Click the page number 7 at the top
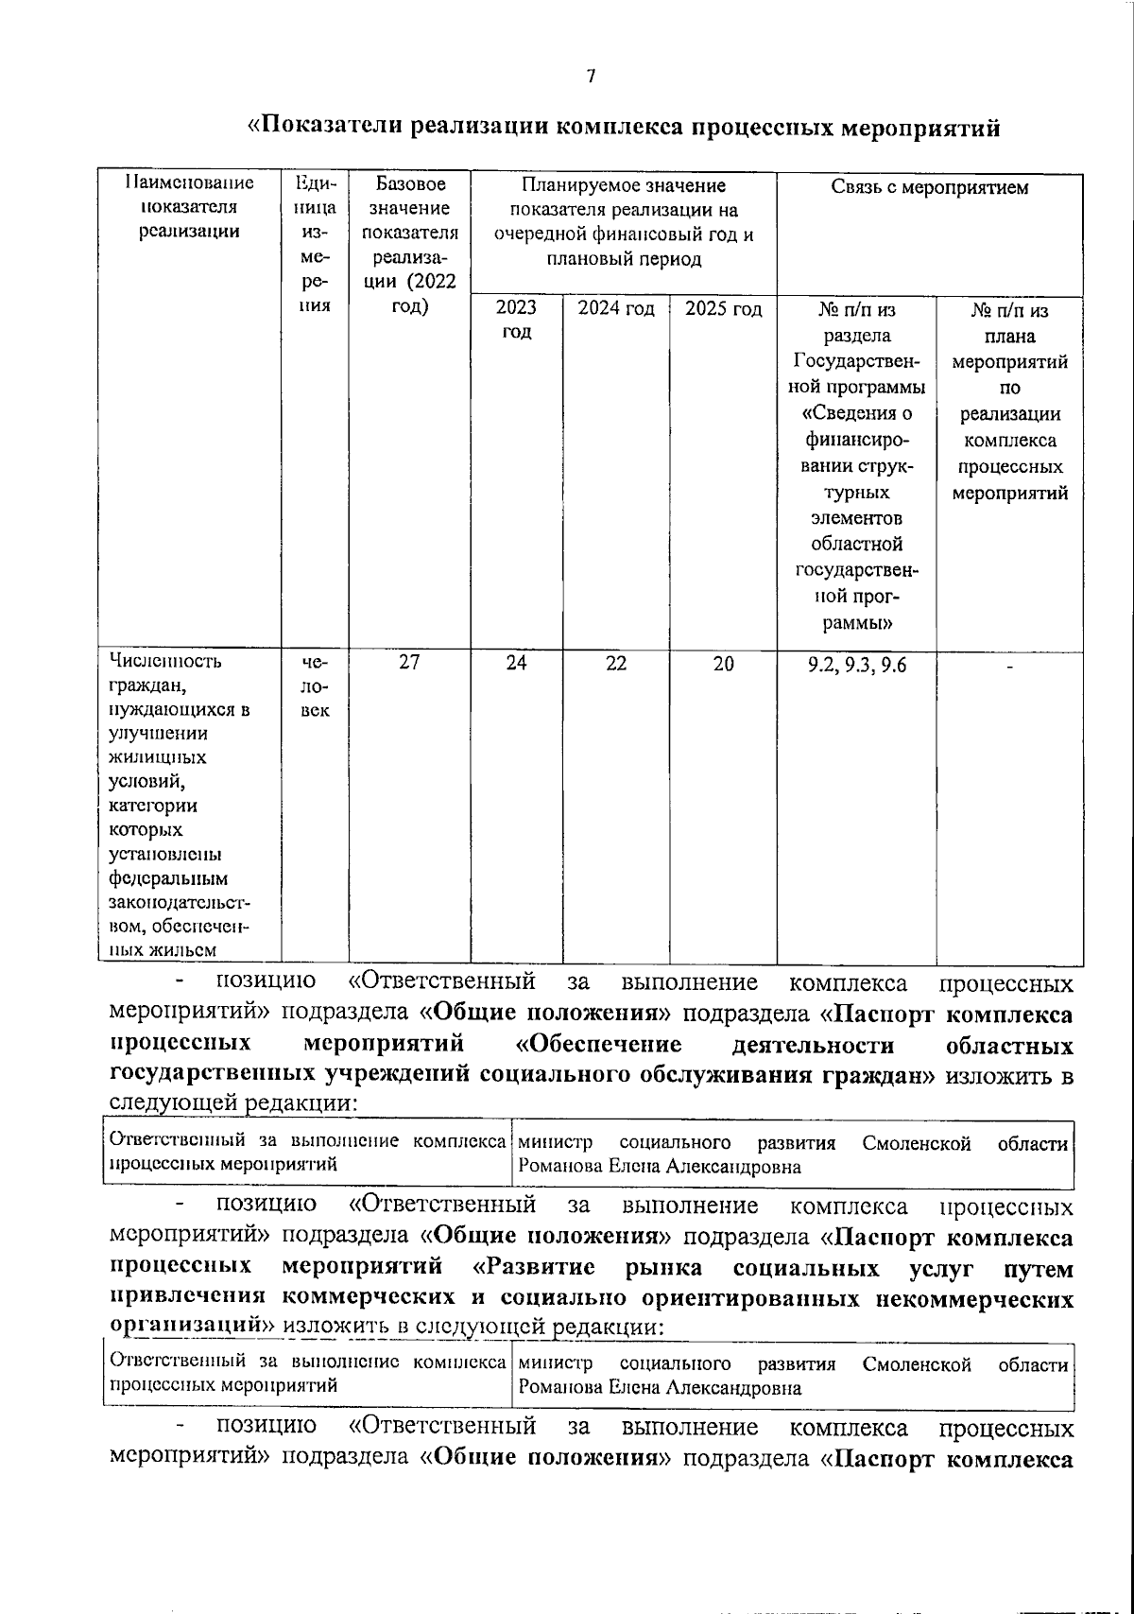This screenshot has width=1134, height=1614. tap(591, 78)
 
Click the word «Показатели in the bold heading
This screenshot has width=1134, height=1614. tap(324, 127)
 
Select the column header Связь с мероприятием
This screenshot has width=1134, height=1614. tap(929, 187)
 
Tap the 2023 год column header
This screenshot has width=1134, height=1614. tap(516, 320)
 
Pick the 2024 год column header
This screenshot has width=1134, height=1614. tap(616, 309)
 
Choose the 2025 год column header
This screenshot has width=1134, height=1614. tap(723, 309)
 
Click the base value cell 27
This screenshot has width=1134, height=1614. tap(409, 663)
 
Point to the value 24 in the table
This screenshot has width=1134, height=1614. tap(516, 663)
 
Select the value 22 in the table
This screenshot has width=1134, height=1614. tap(616, 663)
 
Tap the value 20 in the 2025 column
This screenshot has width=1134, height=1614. tap(723, 663)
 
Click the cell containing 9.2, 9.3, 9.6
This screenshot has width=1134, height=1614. tap(856, 665)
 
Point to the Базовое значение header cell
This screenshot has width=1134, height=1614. tap(409, 232)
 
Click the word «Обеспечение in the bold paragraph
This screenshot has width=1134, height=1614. tap(599, 1045)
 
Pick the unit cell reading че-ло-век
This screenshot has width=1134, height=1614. tap(315, 686)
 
